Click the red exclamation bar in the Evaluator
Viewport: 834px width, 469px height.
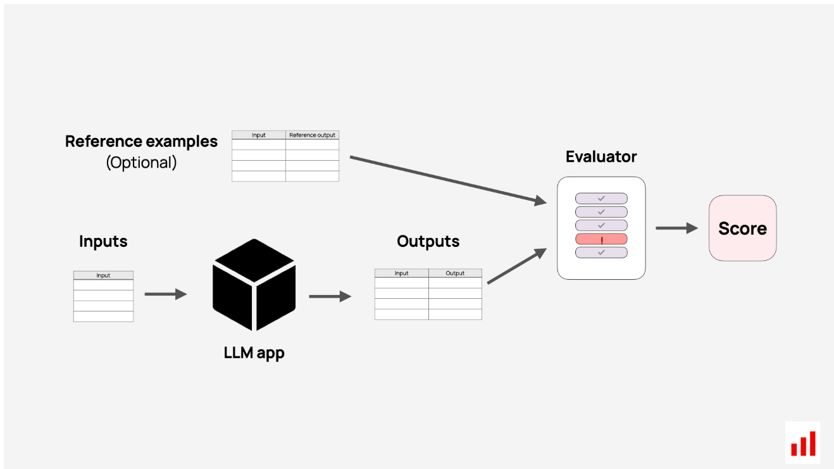coord(601,239)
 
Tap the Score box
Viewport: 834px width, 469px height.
coord(742,228)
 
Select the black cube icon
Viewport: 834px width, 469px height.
coord(254,285)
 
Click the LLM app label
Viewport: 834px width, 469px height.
coord(254,353)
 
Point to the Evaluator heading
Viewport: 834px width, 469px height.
coord(601,156)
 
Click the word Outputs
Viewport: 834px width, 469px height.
coord(428,241)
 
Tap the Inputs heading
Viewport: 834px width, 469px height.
coord(103,241)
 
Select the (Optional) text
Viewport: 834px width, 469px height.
coord(141,163)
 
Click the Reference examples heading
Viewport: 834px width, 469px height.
coord(141,141)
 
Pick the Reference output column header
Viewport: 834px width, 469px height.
coord(312,135)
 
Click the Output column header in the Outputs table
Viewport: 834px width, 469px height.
coord(455,273)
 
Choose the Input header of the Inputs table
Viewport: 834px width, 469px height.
coord(103,275)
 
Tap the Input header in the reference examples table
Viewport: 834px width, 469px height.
coord(258,135)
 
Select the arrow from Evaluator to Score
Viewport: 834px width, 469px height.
coord(677,228)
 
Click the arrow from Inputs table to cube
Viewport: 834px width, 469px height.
coord(166,294)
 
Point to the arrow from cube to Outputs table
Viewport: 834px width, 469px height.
coord(330,296)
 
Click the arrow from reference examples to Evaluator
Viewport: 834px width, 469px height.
coord(448,180)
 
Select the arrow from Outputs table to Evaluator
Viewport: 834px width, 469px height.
coord(517,266)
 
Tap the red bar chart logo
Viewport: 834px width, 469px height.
coord(803,443)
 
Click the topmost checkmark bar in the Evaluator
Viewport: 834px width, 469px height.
coord(601,198)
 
